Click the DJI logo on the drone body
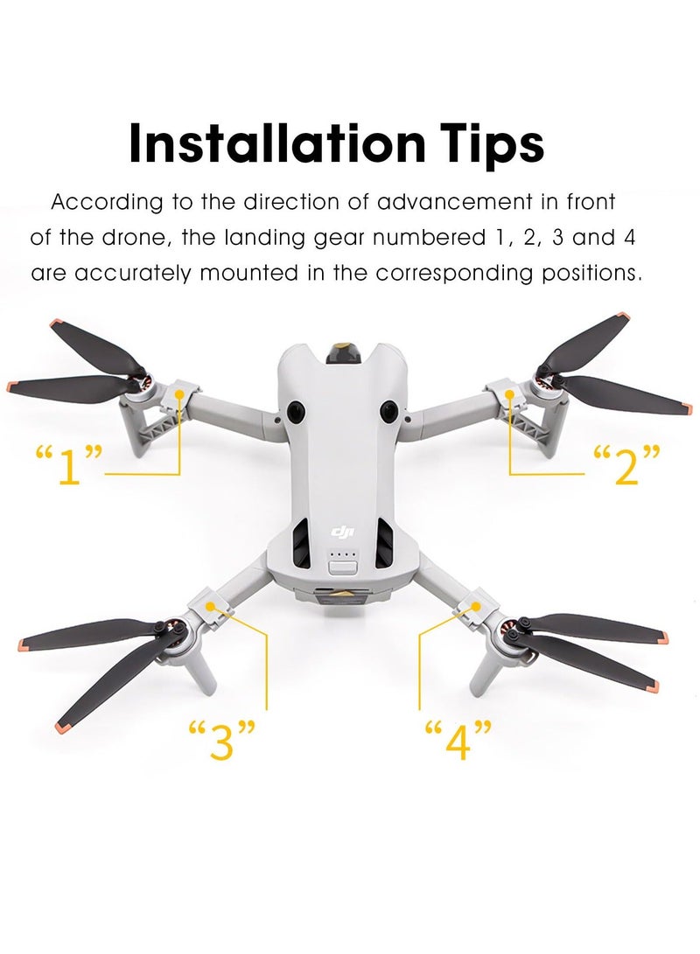tap(339, 532)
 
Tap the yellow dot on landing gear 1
tap(180, 394)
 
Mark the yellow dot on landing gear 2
tap(509, 394)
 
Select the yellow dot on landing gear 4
tap(478, 605)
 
